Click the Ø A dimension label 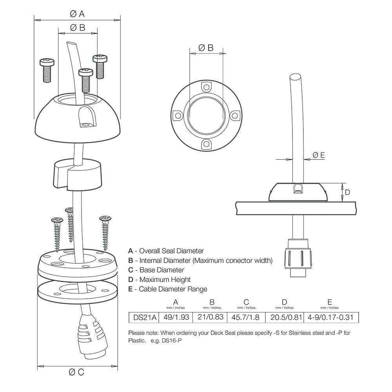pos(77,14)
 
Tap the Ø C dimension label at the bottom pos(77,372)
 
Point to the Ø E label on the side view pos(319,155)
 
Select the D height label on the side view pos(347,192)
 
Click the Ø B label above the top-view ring pos(206,48)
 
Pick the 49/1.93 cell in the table pos(176,317)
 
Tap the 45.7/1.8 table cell pos(246,317)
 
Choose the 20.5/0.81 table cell pos(285,317)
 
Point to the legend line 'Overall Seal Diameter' pos(166,251)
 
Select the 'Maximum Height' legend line pos(160,279)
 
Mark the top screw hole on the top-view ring pos(206,86)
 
